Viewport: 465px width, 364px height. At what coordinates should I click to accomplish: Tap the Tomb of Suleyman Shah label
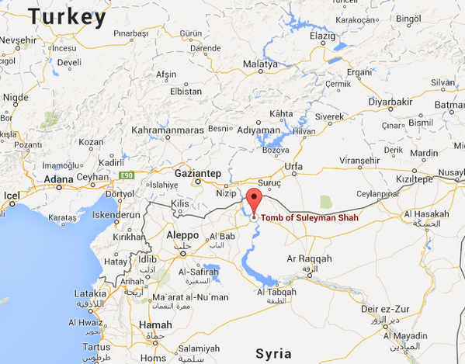click(310, 218)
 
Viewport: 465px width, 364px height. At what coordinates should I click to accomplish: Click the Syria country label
click(274, 353)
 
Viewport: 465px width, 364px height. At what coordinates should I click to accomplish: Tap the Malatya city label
click(259, 64)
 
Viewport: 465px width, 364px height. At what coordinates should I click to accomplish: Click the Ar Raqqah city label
click(309, 258)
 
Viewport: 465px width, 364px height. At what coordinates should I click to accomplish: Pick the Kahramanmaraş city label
click(168, 130)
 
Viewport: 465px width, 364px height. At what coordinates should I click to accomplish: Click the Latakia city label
click(90, 294)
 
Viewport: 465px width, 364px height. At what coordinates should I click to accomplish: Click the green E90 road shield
click(127, 175)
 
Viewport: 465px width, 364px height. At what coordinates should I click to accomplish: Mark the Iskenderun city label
click(117, 215)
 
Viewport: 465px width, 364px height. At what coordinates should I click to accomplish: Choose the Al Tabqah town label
click(276, 292)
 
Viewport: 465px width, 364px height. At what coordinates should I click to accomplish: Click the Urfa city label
click(293, 166)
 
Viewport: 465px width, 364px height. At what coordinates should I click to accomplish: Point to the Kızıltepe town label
click(412, 179)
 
